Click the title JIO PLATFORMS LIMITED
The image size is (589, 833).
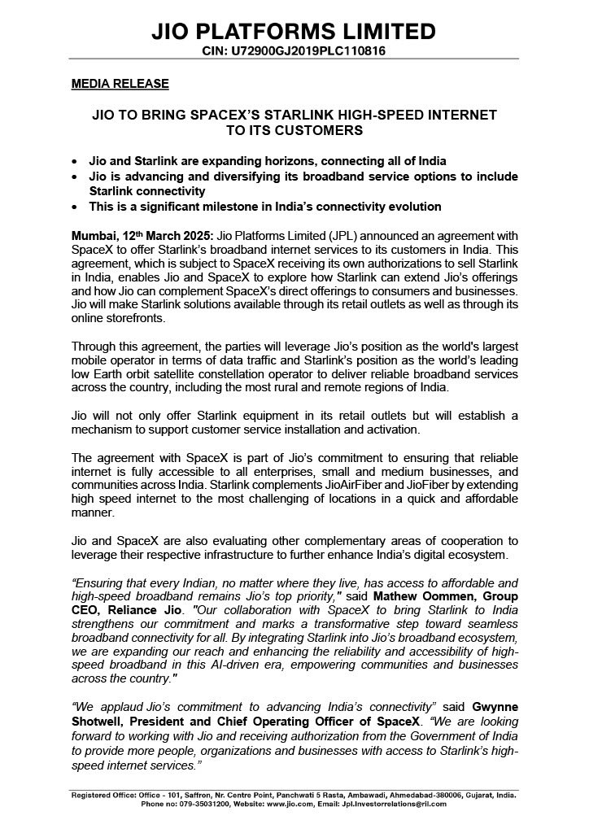(x=294, y=32)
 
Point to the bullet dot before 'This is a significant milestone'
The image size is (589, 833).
(x=76, y=207)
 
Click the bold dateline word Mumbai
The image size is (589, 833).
(x=93, y=235)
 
